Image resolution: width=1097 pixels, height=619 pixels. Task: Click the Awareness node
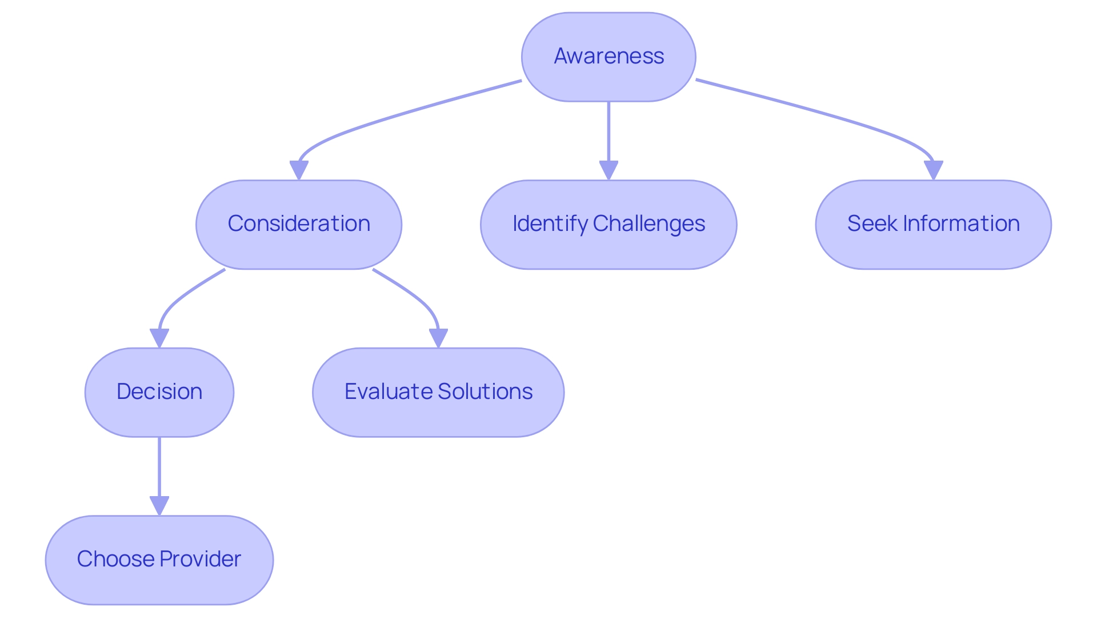pos(608,57)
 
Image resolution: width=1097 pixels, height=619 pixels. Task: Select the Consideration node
pos(299,224)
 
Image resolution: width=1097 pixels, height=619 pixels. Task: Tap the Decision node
pos(159,392)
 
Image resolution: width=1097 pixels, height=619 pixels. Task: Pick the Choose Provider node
pos(159,560)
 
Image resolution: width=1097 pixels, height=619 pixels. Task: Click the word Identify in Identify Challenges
pos(550,224)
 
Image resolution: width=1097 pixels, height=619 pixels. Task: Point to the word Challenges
pos(649,224)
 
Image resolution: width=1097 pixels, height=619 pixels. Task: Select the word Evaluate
pos(389,392)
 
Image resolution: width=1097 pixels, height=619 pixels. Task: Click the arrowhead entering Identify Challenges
pos(608,170)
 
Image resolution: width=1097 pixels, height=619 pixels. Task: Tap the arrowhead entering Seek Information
pos(933,170)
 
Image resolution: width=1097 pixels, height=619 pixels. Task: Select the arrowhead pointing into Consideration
pos(299,170)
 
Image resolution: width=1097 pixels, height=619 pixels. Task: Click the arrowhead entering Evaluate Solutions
pos(438,338)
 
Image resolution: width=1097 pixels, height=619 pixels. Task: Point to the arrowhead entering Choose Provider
pos(159,506)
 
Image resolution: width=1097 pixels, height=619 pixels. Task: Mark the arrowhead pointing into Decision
pos(159,338)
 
